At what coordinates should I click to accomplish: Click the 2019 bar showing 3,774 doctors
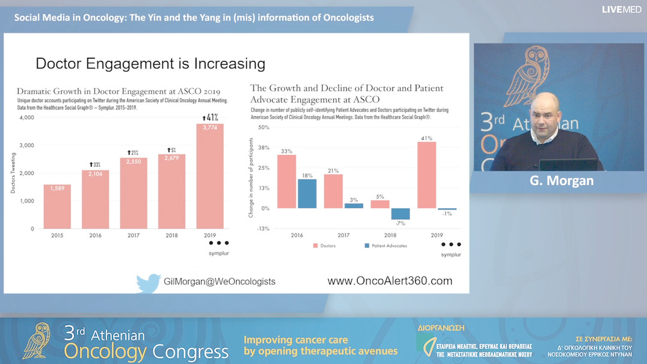pos(210,177)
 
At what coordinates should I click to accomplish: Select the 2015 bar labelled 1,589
pos(57,207)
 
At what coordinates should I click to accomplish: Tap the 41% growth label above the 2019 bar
pos(210,117)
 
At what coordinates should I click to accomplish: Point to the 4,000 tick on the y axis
pos(26,117)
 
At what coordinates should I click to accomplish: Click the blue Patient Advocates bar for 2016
pos(307,193)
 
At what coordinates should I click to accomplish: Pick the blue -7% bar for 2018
pos(401,214)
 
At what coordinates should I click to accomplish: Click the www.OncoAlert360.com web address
pos(389,281)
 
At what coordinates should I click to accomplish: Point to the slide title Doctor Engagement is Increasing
pos(150,63)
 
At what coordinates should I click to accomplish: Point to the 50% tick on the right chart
pos(264,128)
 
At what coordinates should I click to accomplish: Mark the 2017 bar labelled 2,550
pos(134,193)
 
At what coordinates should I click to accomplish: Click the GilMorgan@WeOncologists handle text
pos(219,281)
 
